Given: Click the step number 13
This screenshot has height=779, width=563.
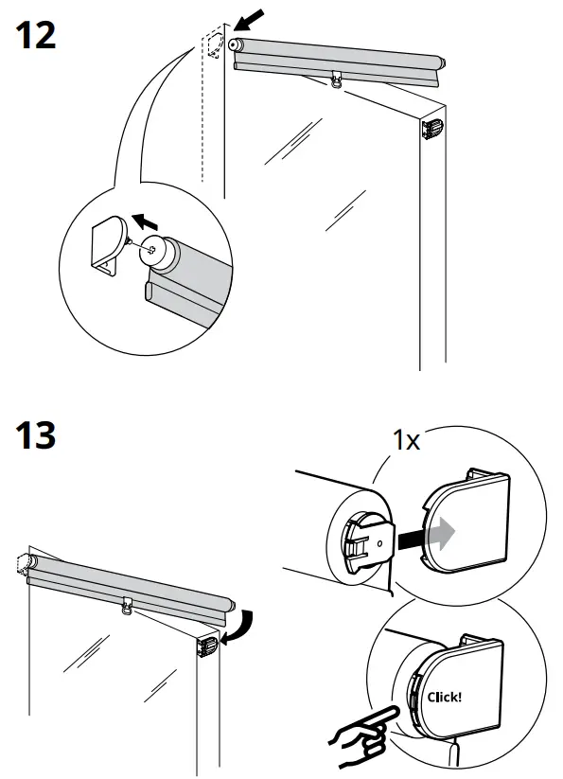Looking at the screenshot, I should click(36, 436).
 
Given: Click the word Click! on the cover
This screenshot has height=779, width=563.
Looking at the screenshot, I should click(444, 698).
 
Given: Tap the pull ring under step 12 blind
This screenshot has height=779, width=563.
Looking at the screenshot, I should click(337, 82).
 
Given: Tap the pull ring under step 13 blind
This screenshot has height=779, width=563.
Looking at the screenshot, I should click(126, 609).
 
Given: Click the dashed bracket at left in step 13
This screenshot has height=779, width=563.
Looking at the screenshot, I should click(23, 566).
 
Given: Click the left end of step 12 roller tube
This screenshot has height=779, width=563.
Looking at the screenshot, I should click(238, 46).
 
